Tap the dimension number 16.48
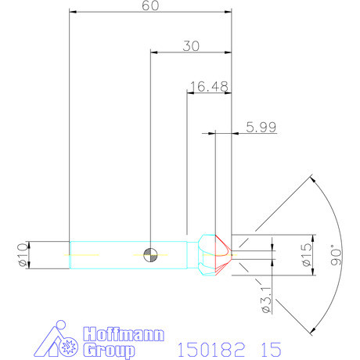(207, 86)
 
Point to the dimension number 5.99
(261, 128)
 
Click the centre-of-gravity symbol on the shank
(150, 254)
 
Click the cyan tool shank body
(110, 254)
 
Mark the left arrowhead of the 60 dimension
(73, 12)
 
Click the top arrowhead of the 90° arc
(311, 178)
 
